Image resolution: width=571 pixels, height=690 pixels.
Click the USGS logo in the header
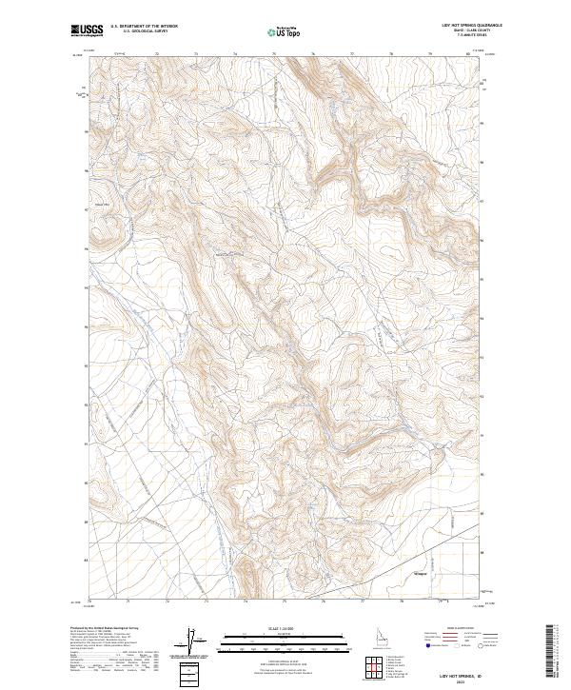[87, 31]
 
